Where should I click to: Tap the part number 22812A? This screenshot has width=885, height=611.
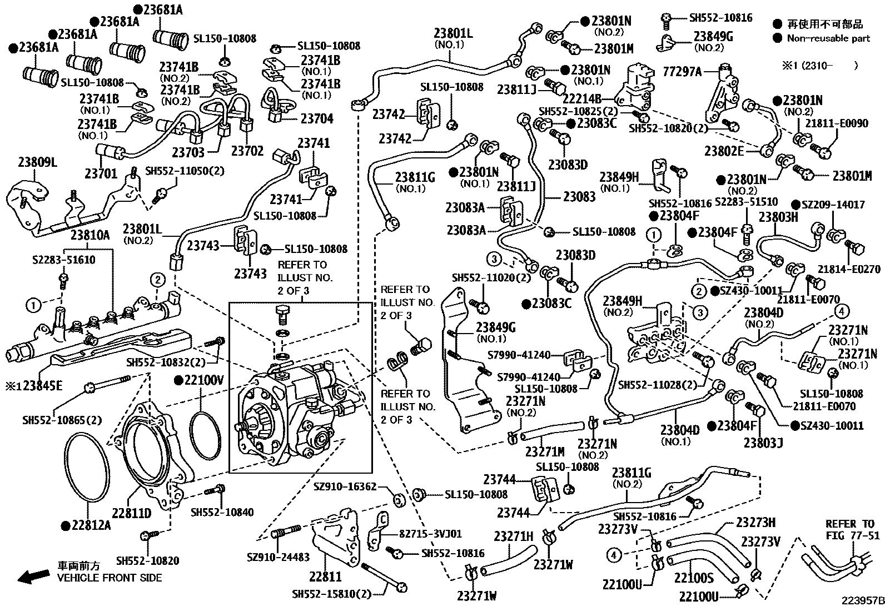90,525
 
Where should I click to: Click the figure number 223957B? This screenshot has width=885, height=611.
862,600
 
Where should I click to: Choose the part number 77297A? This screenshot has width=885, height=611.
682,71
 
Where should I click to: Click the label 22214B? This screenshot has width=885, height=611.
584,99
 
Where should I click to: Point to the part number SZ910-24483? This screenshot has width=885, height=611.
279,557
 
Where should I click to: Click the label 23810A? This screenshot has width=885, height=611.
90,235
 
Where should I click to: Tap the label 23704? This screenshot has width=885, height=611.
317,119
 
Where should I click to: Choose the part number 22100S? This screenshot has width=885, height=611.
694,579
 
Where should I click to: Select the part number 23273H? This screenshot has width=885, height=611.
756,522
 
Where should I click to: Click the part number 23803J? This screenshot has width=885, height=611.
763,443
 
